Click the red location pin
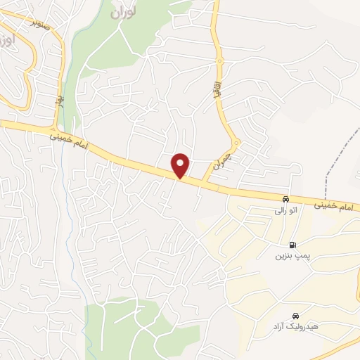181,165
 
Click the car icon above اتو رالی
285,199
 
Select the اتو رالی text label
285,210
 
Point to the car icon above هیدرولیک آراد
295,316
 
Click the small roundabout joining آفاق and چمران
237,143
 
